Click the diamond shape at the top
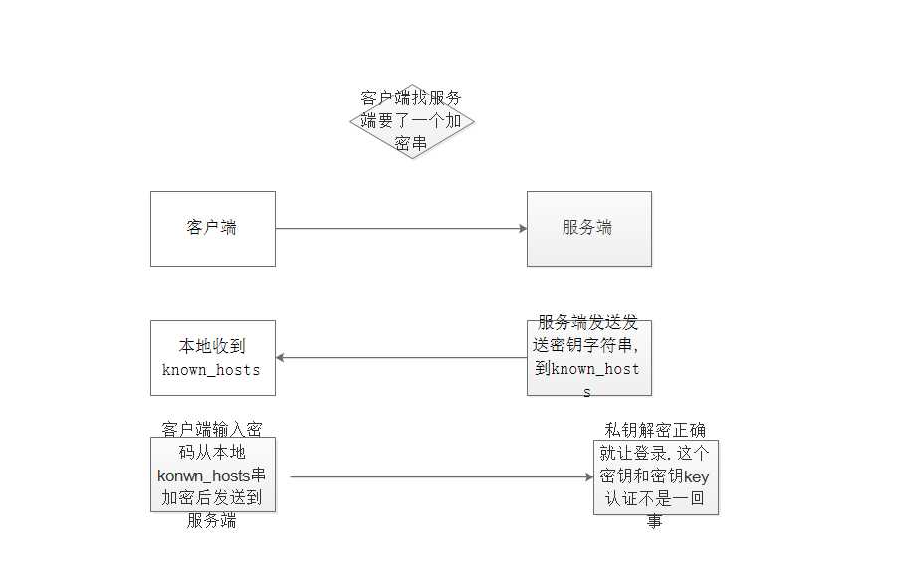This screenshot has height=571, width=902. point(412,121)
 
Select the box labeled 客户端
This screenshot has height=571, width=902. point(213,229)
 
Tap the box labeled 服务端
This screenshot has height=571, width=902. point(589,229)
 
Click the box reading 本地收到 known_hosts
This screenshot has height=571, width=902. point(213,358)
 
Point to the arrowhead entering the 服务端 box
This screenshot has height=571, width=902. point(523,228)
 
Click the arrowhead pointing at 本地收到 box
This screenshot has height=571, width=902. point(280,358)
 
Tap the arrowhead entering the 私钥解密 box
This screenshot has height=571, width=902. point(589,476)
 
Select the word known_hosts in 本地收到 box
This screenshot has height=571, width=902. point(211,370)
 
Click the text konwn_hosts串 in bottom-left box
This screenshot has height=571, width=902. point(211,476)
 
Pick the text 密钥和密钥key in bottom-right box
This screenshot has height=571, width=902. point(654,476)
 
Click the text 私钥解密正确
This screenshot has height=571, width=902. point(655,430)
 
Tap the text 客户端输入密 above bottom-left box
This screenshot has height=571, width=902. point(212,429)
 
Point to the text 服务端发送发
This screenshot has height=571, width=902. point(587,322)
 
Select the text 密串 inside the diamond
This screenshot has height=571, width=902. point(411,143)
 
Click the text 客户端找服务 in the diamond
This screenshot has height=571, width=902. point(411,97)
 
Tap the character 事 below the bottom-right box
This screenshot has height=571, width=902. point(655,521)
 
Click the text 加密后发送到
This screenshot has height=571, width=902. point(212,498)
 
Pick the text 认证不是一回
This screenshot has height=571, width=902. point(655,498)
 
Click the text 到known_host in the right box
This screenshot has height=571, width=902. point(587,369)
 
